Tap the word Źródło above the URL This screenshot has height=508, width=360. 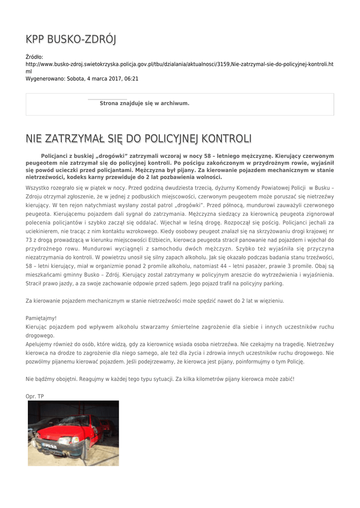point(34,58)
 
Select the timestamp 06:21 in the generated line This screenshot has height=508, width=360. point(132,78)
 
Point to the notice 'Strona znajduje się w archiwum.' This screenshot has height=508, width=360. point(144,103)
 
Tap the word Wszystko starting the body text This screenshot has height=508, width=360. point(38,189)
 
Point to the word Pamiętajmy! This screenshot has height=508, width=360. point(41,318)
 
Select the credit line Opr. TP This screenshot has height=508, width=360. point(35,396)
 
